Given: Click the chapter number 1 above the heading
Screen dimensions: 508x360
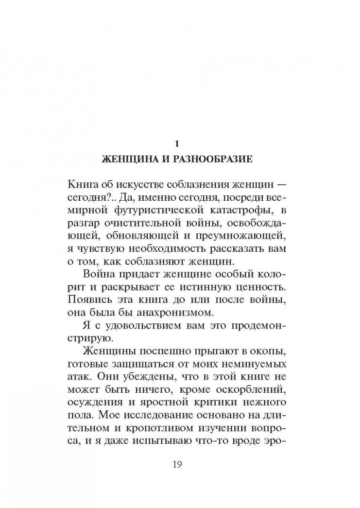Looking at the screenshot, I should [x=177, y=143].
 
